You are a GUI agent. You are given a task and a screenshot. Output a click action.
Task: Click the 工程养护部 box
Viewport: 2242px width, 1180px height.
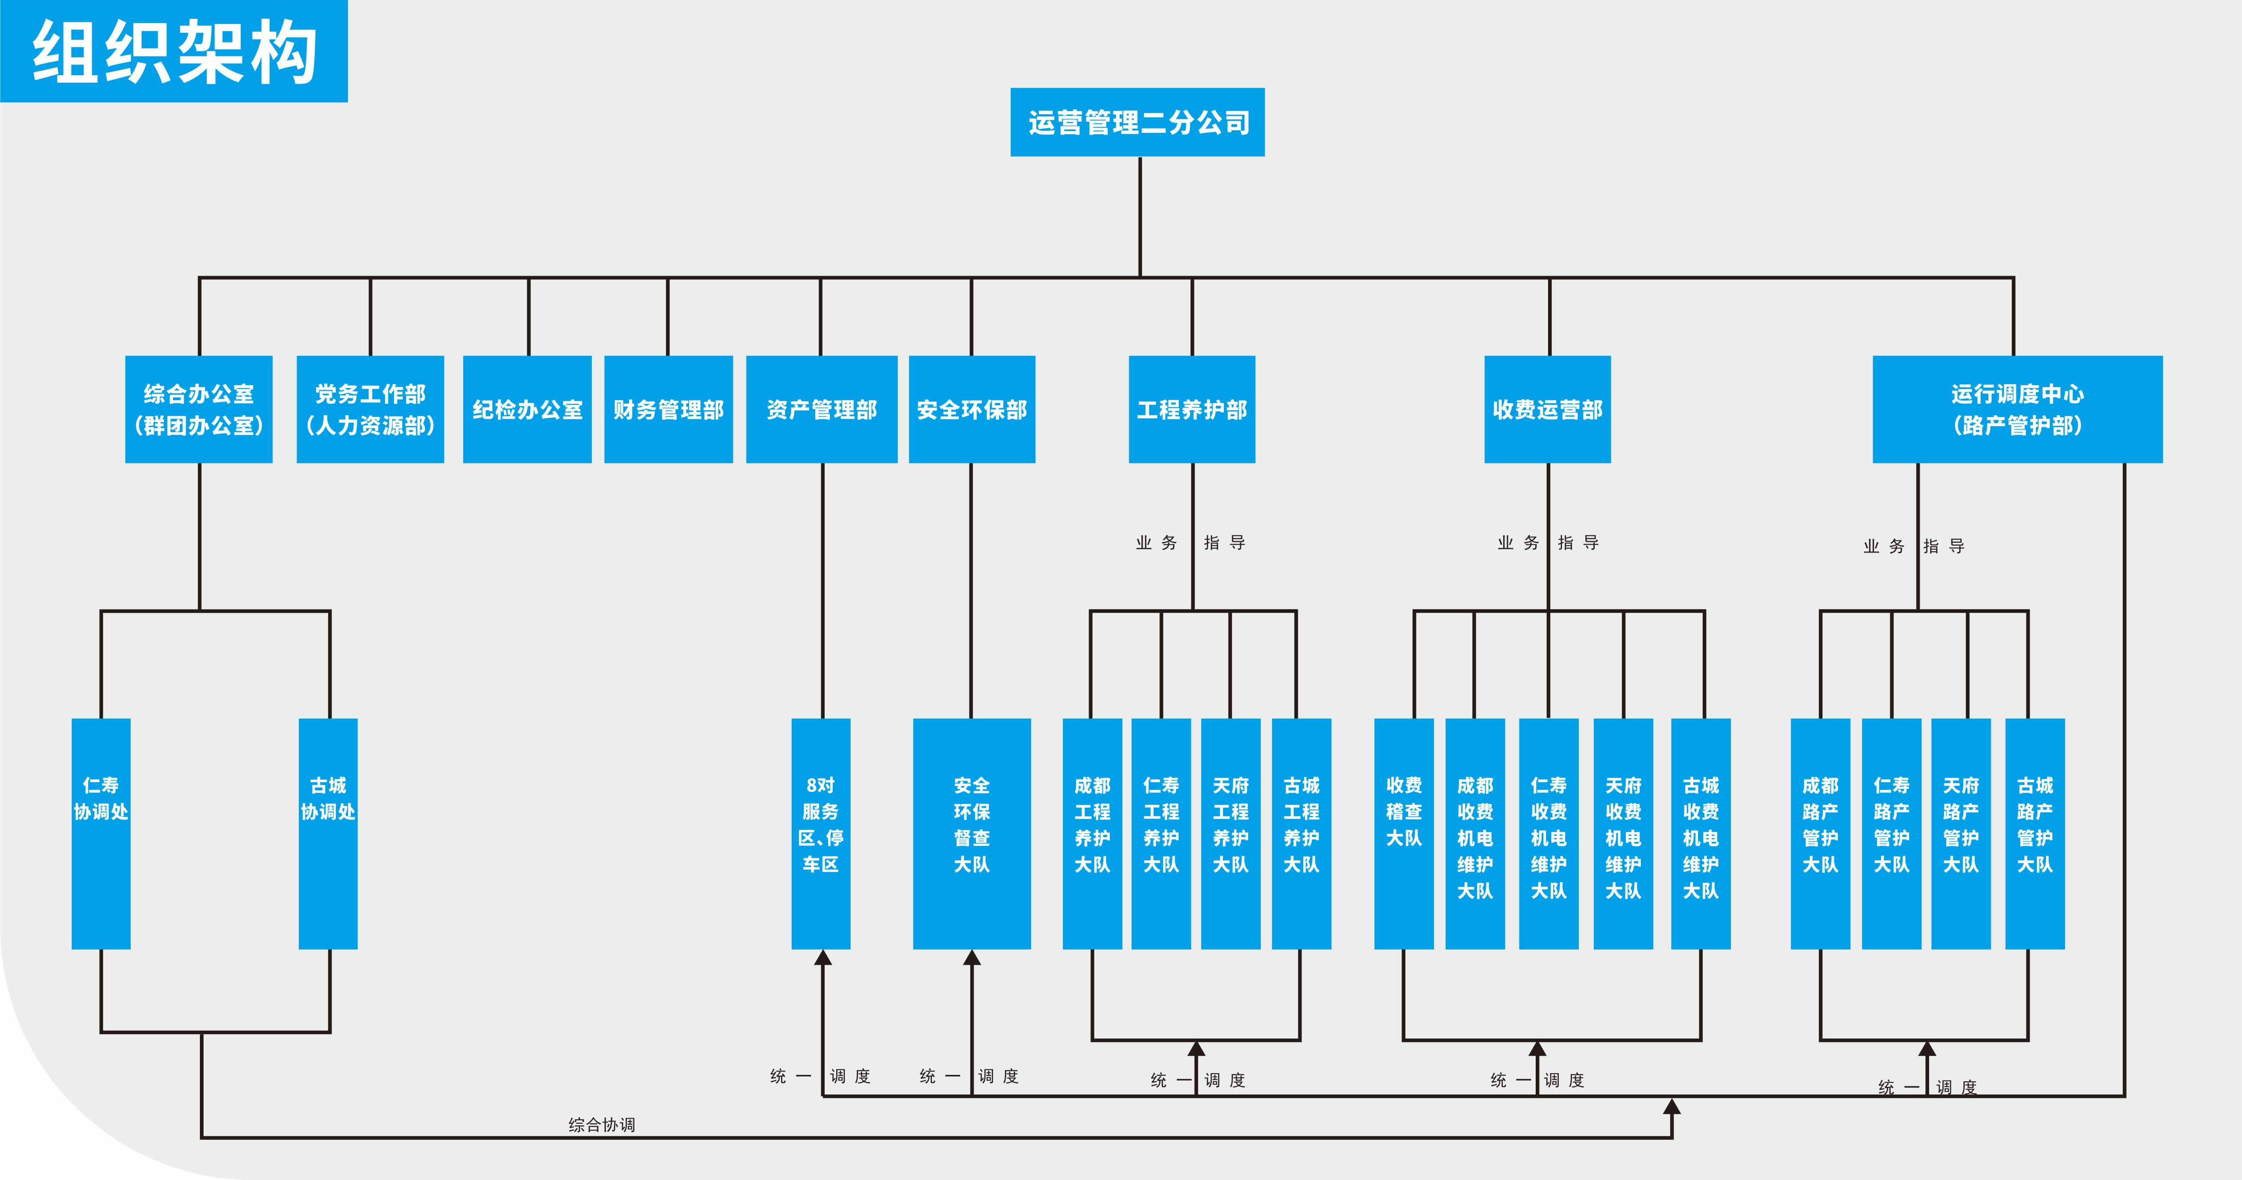coord(1191,409)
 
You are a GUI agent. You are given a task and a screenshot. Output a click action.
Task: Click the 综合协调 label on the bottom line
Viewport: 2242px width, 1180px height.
coord(601,1124)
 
